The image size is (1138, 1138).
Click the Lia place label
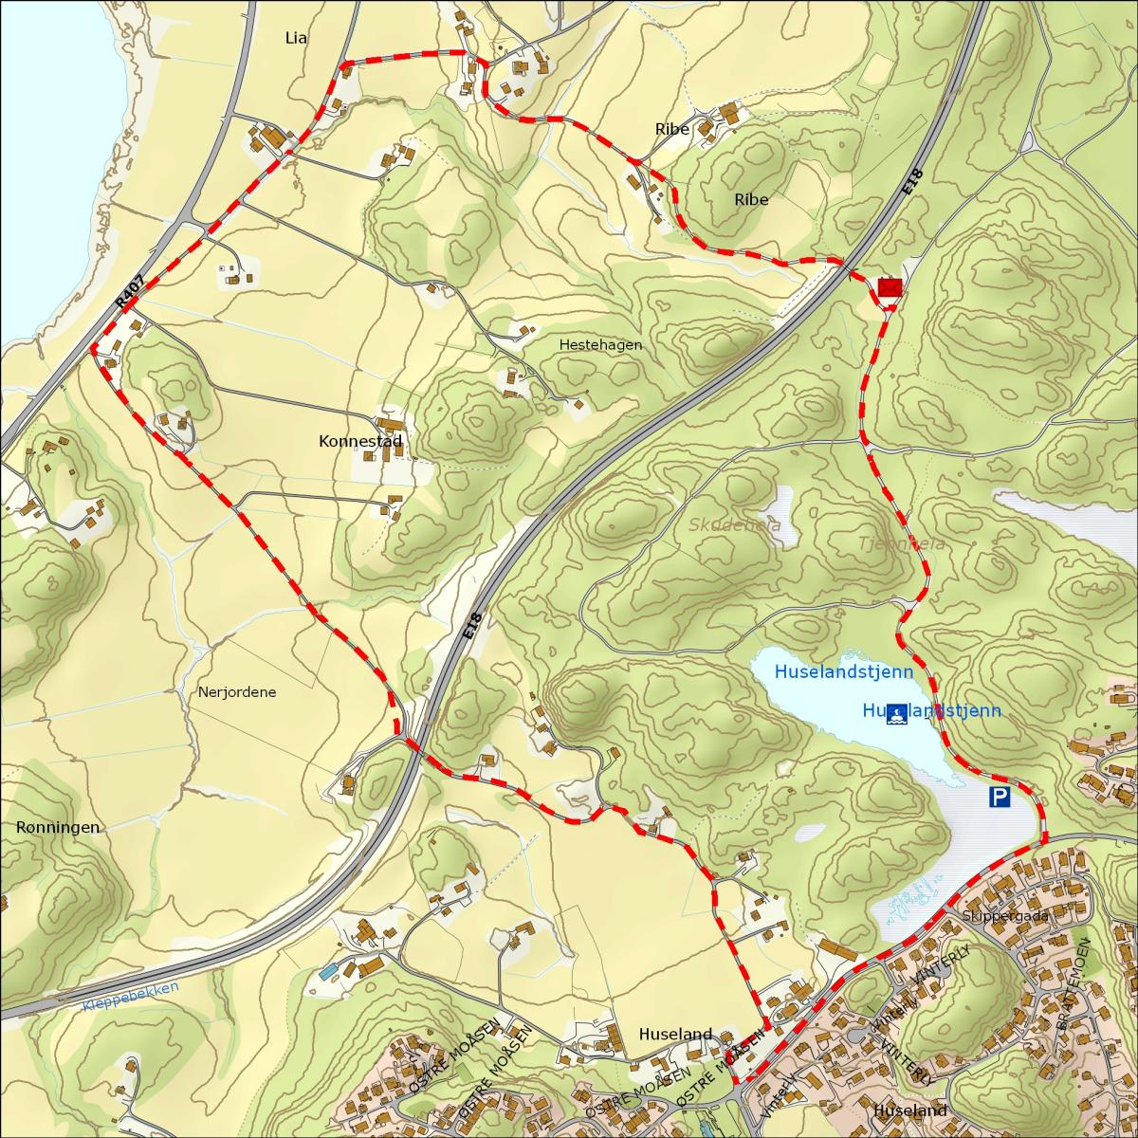point(297,38)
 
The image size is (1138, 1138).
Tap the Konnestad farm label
point(361,441)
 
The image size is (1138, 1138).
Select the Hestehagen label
point(600,345)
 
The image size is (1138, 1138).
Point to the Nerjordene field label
point(237,692)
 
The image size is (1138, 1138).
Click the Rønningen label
point(58,828)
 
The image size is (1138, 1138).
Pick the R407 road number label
point(130,289)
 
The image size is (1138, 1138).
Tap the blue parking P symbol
point(1000,798)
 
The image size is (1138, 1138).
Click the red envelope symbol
point(890,286)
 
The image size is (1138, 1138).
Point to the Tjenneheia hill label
point(889,544)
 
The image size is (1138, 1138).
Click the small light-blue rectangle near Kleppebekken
point(327,972)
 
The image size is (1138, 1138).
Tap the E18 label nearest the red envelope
point(912,183)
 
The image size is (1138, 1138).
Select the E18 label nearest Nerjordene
point(474,630)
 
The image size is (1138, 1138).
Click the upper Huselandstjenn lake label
point(844,671)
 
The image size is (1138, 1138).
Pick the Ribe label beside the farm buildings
point(671,129)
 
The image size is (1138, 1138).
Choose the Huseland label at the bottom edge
point(910,1110)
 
